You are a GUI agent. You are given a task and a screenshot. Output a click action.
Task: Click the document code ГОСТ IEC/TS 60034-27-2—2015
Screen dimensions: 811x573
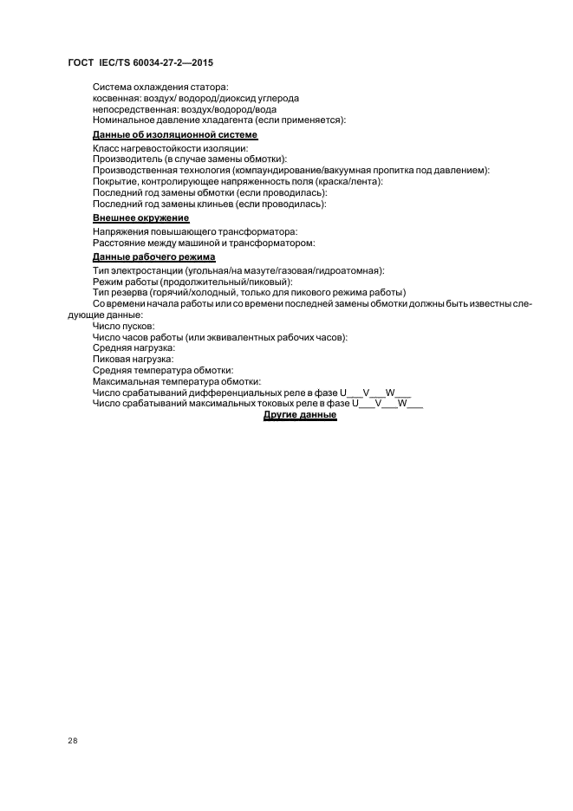click(140, 64)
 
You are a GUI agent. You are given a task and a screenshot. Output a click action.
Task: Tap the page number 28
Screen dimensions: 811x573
click(72, 742)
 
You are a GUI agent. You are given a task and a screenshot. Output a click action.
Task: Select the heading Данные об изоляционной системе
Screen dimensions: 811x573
click(175, 135)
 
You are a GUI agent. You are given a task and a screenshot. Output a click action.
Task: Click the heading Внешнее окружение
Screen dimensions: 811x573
click(140, 218)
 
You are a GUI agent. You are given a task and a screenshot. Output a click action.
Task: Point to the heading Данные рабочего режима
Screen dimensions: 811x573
click(154, 257)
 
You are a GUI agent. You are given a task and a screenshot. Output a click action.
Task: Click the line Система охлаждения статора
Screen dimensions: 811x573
click(160, 87)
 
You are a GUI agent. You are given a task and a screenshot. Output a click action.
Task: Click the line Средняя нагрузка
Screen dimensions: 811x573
click(133, 347)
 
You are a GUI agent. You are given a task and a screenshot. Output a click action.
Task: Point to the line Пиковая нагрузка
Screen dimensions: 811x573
click(133, 359)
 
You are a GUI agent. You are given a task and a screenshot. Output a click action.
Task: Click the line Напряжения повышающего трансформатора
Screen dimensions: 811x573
click(194, 232)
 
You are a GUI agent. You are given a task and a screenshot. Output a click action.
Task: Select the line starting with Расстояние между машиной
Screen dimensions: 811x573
click(204, 243)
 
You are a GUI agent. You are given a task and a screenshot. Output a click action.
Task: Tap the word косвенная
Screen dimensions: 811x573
click(117, 98)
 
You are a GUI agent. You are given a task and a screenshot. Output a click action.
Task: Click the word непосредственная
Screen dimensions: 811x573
click(131, 109)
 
